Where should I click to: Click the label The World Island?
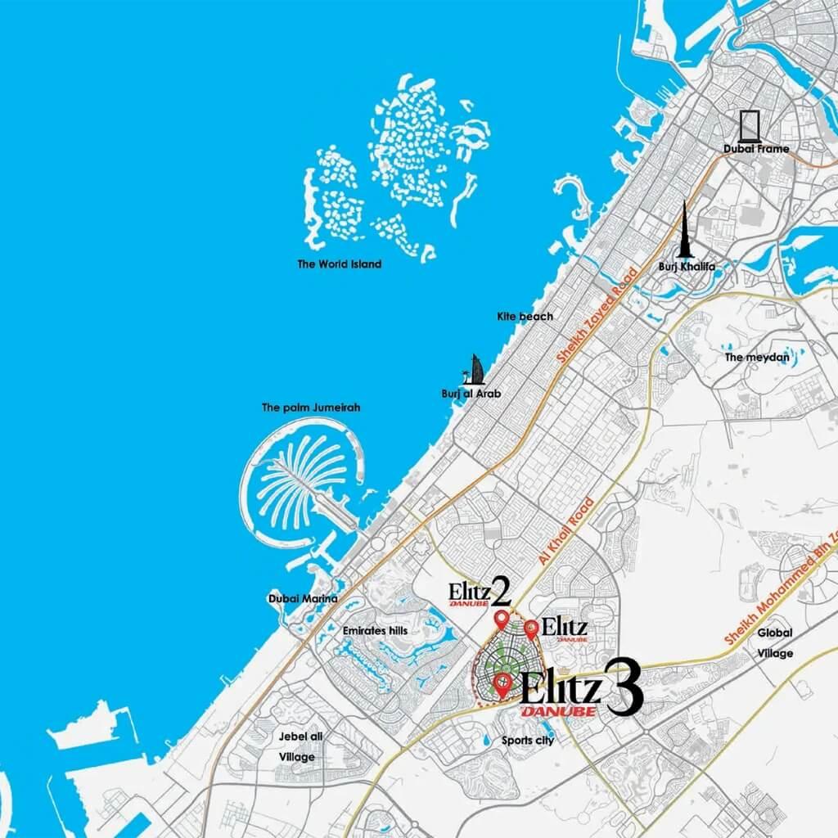(340, 264)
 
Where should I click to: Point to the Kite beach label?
(525, 316)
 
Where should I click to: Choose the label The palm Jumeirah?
(311, 407)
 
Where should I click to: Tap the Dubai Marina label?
(303, 599)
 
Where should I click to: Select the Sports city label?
(528, 741)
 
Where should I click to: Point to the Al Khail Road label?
(565, 532)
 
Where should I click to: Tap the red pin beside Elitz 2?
(501, 619)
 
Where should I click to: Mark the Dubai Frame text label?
(755, 150)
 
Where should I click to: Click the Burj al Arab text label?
(471, 394)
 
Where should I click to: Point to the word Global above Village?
(774, 633)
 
